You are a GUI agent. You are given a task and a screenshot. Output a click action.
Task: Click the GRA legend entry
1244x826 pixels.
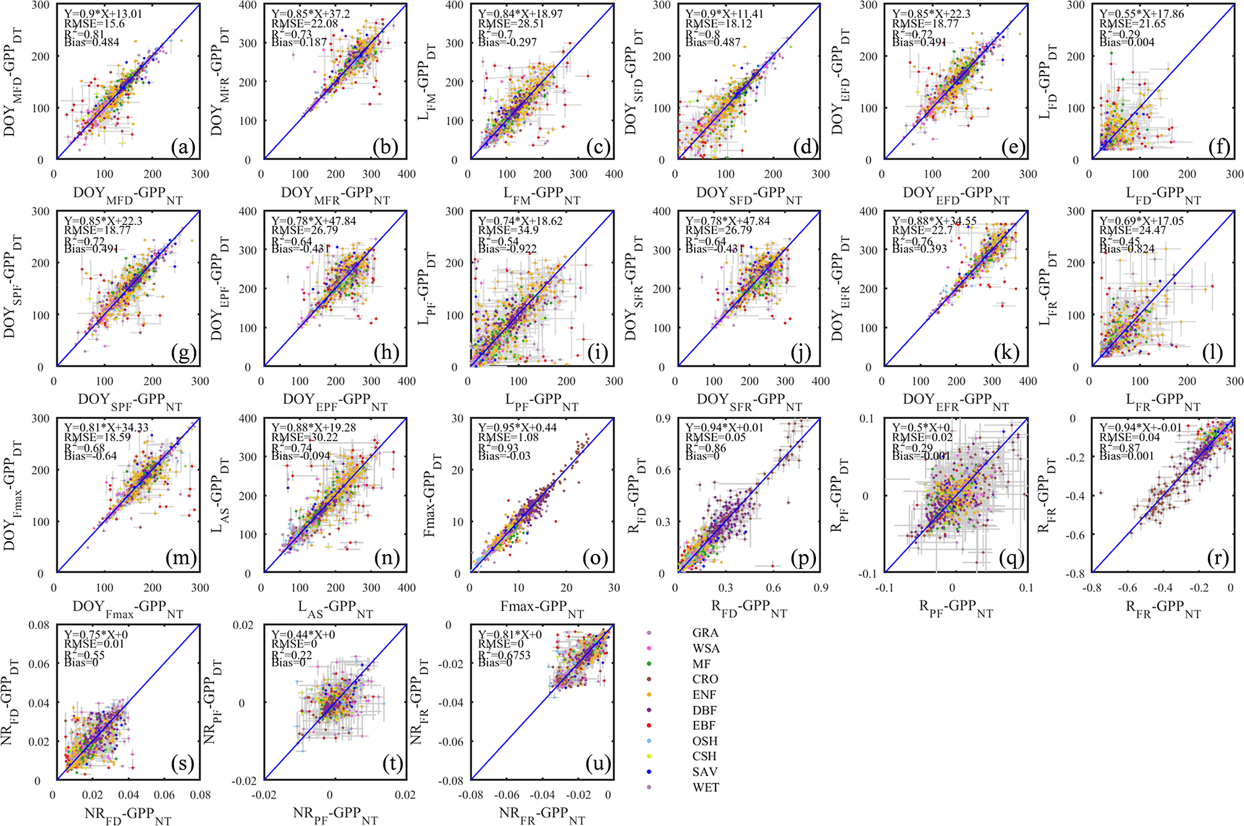coord(705,633)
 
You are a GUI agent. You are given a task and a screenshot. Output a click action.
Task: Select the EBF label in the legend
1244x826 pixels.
coord(704,725)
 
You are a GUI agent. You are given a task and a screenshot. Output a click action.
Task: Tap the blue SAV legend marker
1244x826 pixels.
coord(649,771)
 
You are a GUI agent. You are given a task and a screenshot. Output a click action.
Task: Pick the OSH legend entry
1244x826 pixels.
coord(705,740)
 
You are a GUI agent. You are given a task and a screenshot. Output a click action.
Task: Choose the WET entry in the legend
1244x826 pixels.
coord(706,787)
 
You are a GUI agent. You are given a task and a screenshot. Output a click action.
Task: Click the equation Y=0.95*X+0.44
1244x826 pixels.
coord(517,428)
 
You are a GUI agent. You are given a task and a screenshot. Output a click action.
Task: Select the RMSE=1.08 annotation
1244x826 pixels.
coord(508,437)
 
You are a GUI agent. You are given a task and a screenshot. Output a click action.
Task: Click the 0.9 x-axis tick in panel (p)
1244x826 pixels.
coord(820,587)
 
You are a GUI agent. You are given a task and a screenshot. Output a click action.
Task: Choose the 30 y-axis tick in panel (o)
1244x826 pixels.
coord(457,418)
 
